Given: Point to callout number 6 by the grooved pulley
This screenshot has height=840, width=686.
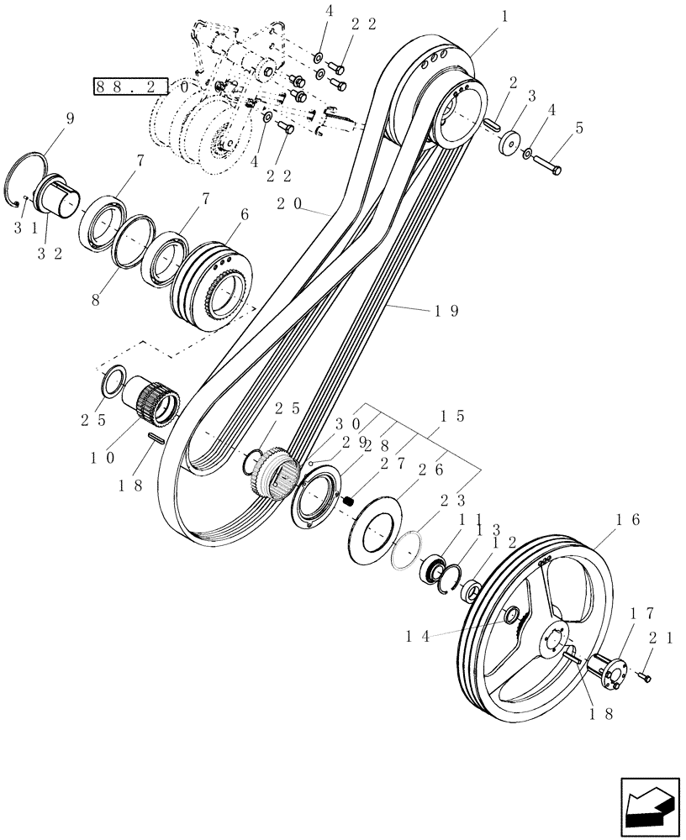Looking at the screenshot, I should pos(245,215).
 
